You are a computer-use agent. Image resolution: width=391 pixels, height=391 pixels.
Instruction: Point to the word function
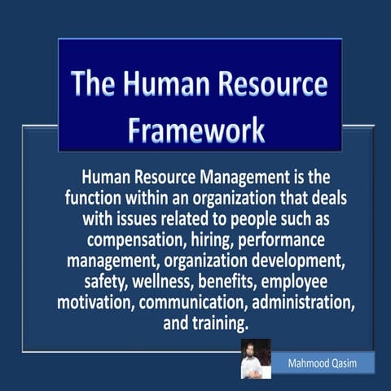tap(94, 198)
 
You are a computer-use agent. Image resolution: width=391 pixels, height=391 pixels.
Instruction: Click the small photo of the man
tap(256, 359)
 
